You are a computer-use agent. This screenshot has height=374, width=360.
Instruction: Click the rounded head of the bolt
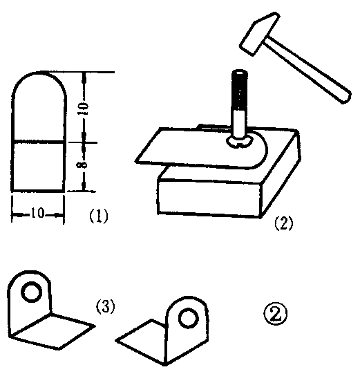click(x=240, y=142)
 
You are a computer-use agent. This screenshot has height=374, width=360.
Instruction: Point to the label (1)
click(x=98, y=216)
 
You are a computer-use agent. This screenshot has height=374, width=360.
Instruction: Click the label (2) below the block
click(x=284, y=223)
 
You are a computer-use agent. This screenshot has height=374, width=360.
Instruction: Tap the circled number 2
click(x=276, y=314)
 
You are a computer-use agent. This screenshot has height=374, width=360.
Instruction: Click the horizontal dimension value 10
click(x=37, y=213)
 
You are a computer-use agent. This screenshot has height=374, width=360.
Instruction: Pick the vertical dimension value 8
click(x=83, y=165)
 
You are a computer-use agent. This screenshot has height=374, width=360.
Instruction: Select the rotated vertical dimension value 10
click(x=84, y=109)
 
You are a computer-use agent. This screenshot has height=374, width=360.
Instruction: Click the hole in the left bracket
click(x=32, y=292)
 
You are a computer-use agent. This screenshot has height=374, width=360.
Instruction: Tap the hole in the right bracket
click(x=189, y=317)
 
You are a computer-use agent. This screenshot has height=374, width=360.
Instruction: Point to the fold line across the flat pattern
click(x=39, y=142)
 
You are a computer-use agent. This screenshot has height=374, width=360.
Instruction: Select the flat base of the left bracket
click(x=53, y=331)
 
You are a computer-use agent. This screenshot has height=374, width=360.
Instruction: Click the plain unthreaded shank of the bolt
click(x=239, y=124)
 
